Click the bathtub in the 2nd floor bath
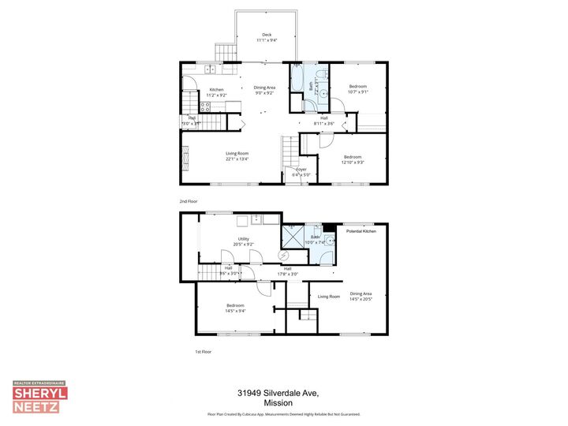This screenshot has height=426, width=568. click(x=297, y=78)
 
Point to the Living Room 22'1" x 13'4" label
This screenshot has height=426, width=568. click(x=237, y=156)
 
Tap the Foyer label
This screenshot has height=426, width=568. click(x=301, y=171)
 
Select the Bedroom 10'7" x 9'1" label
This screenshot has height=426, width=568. click(x=358, y=88)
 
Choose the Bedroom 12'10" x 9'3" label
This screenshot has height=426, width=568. click(x=352, y=159)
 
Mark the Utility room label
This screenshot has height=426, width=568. click(x=243, y=241)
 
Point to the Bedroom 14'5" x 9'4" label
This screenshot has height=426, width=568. click(x=235, y=308)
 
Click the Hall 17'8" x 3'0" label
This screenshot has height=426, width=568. click(x=288, y=271)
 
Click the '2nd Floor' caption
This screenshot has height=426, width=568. click(x=189, y=202)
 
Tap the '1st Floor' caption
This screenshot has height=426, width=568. click(x=204, y=351)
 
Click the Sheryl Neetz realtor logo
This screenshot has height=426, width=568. click(x=39, y=398)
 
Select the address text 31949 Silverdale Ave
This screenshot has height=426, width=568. click(x=282, y=392)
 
